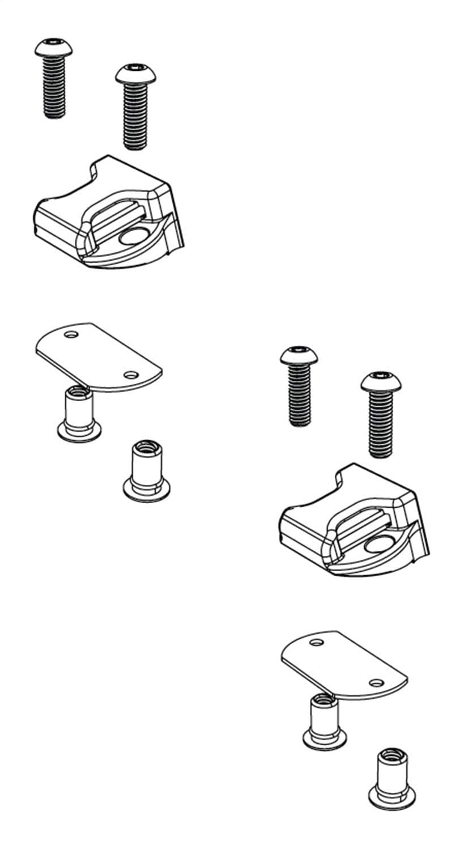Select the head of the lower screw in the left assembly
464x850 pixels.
coord(134,73)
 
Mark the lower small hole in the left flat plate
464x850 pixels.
coord(131,375)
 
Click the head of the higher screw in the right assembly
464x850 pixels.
coord(299,355)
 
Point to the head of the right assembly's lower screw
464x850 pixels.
coord(380,381)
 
